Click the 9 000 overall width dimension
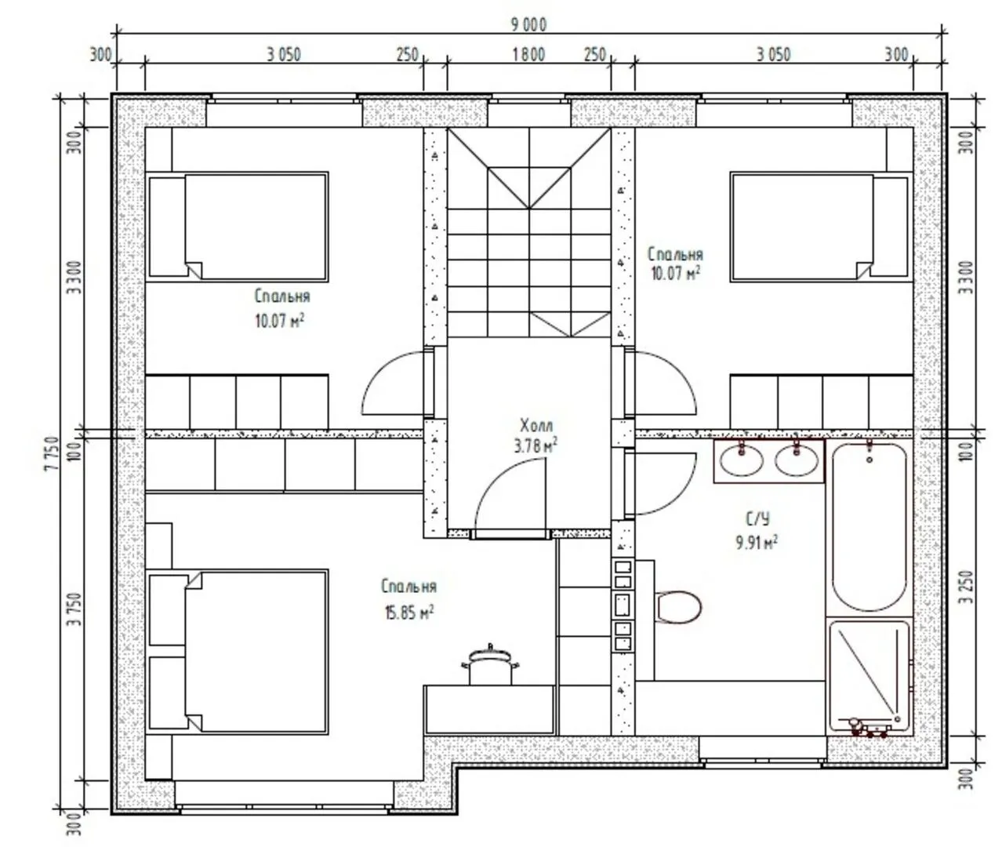coord(528,24)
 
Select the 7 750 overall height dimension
coord(53,454)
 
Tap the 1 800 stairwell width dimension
coord(528,55)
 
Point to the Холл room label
coord(536,425)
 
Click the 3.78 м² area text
coord(536,446)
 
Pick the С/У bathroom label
coord(758,518)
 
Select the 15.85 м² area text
coord(409,613)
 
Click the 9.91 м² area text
coord(757,542)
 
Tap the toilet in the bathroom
coord(677,608)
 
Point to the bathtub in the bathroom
coord(869,527)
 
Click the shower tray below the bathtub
coord(869,677)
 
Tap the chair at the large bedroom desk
coord(490,665)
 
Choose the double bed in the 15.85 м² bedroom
coord(238,652)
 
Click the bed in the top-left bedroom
coord(238,227)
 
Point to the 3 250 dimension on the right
coord(967,587)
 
